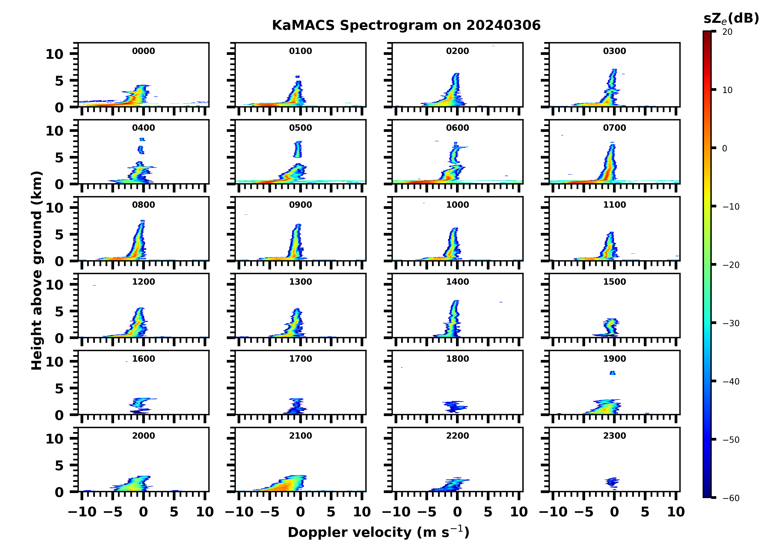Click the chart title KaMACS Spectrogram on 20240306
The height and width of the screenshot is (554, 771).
pyautogui.click(x=406, y=26)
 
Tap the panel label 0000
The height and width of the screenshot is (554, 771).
pyautogui.click(x=143, y=51)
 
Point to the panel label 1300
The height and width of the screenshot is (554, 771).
pyautogui.click(x=300, y=282)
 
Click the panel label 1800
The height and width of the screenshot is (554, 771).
pyautogui.click(x=457, y=359)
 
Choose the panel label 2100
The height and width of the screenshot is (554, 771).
pyautogui.click(x=300, y=435)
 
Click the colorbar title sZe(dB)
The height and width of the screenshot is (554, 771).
pyautogui.click(x=731, y=19)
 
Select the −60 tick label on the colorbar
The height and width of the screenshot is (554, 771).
pyautogui.click(x=731, y=498)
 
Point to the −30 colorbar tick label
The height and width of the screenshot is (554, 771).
pyautogui.click(x=731, y=323)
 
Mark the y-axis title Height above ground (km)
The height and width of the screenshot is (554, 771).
pyautogui.click(x=37, y=271)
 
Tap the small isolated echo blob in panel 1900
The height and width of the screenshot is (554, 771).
pyautogui.click(x=613, y=373)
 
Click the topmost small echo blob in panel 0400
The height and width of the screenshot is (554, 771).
pyautogui.click(x=142, y=139)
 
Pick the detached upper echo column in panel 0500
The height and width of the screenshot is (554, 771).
pyautogui.click(x=298, y=149)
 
